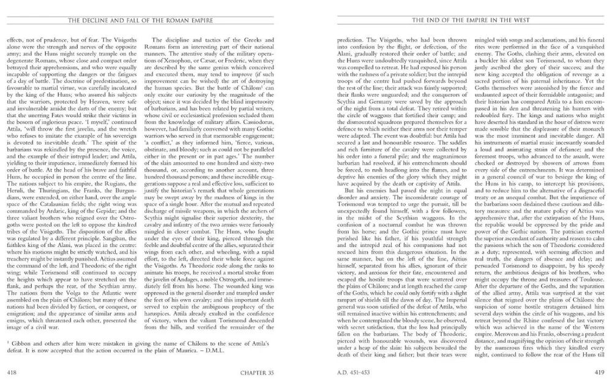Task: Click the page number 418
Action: click(x=11, y=371)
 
